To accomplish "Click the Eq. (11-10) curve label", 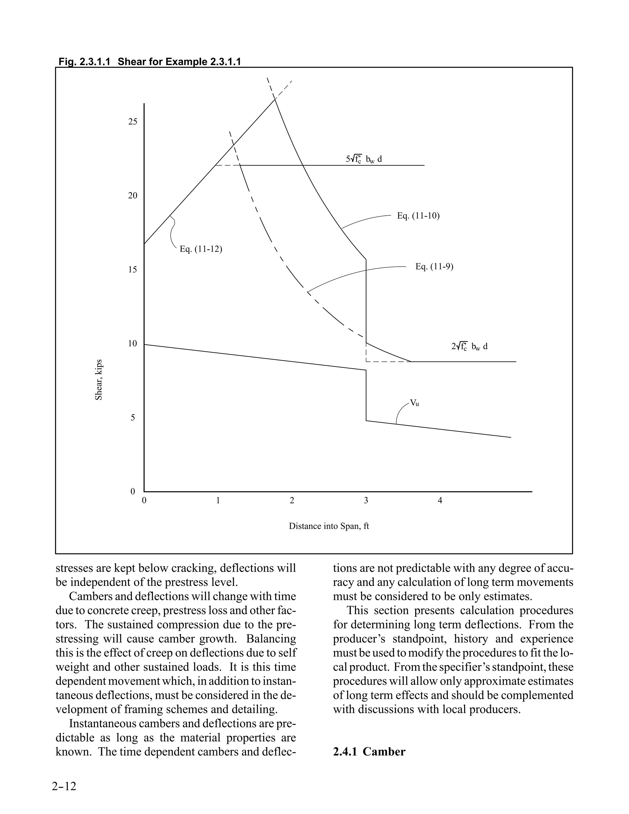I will tap(418, 216).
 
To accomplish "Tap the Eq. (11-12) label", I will tap(201, 249).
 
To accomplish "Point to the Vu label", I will tap(414, 402).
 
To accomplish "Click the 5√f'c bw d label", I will tap(364, 159).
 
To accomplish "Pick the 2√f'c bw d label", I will tap(469, 346).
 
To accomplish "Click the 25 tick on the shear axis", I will tap(133, 122).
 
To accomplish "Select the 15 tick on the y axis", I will tap(133, 269).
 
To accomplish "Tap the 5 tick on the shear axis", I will tap(133, 417).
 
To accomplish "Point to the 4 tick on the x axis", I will tap(440, 501).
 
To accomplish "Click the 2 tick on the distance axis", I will tap(292, 501).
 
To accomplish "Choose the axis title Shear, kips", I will tap(99, 379).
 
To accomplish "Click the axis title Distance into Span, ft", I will tap(329, 526).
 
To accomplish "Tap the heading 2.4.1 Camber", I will tap(369, 751).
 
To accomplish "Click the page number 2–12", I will tap(64, 786).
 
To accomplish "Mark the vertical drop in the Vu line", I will tap(366, 395).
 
